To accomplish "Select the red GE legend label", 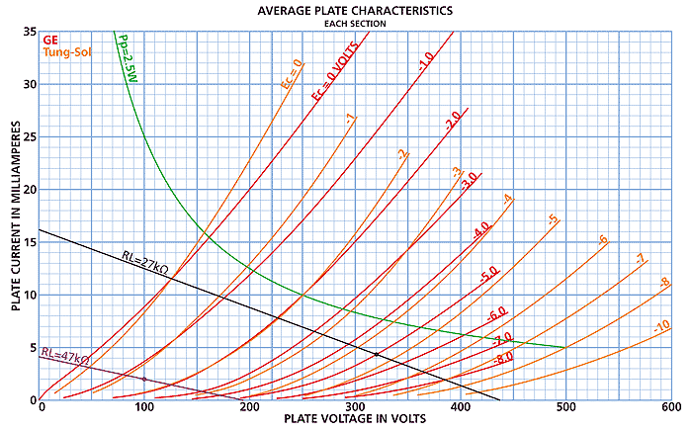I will tap(51, 40).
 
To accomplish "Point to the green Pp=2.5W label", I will tap(128, 60).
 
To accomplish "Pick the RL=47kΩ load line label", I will tap(65, 355).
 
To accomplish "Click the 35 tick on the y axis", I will tap(30, 33).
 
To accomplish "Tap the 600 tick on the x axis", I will tap(670, 407).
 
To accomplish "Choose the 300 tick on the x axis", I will tap(355, 407).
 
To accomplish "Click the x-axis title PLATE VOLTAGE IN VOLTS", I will tap(355, 420).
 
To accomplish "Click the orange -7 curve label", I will tap(640, 260).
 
